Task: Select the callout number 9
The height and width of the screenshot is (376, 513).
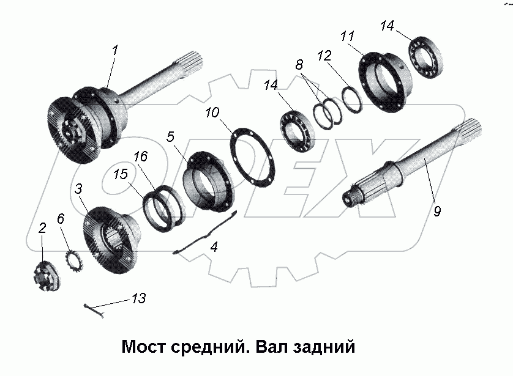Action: point(436,212)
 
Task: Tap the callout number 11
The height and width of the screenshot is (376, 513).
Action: point(347,36)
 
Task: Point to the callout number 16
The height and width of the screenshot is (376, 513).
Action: point(140,157)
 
